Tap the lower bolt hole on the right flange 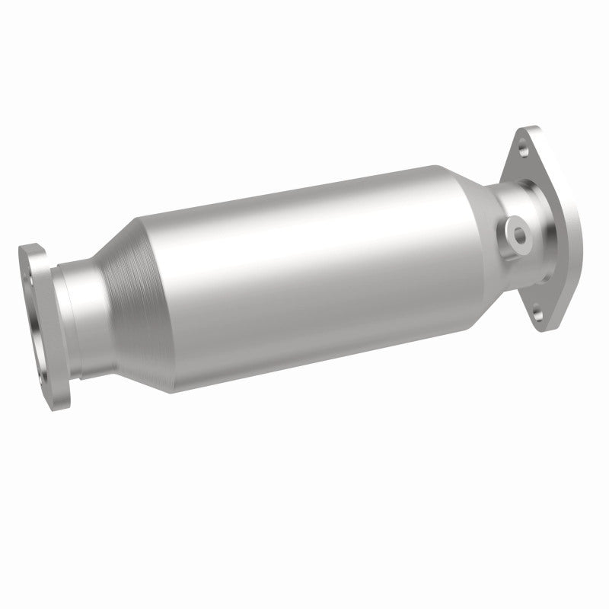click(538, 308)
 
